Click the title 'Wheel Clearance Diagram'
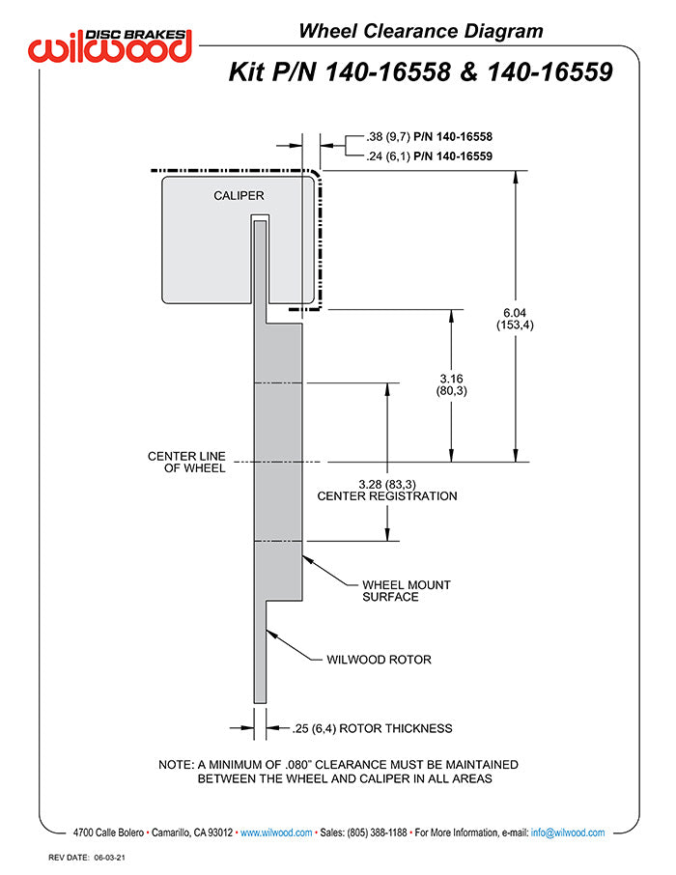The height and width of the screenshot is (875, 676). point(420,31)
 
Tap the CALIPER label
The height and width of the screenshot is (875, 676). point(239,196)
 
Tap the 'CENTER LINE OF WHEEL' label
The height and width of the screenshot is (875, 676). point(186,462)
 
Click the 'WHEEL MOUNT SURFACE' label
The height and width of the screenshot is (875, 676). point(406,591)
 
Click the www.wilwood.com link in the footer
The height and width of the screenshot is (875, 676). point(275,833)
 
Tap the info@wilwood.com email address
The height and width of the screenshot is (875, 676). point(568,833)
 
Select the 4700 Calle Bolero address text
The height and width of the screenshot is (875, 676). point(109,833)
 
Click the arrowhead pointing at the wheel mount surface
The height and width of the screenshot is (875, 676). point(306,558)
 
